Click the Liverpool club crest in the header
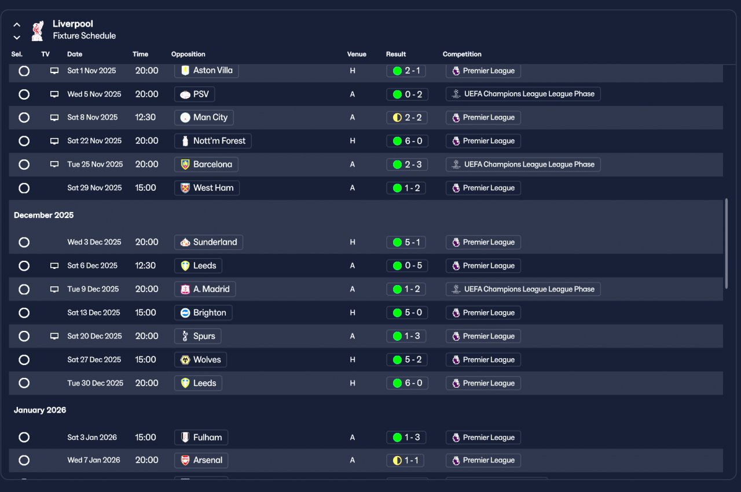[38, 30]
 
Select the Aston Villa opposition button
[207, 71]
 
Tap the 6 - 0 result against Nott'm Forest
[407, 141]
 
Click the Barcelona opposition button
[206, 165]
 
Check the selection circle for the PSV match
[24, 94]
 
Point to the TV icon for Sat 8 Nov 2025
[54, 118]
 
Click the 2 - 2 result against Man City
[407, 118]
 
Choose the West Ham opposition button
[207, 188]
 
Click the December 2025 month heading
[44, 215]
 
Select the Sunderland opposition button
[208, 242]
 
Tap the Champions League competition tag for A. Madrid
[523, 289]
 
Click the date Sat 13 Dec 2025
[94, 313]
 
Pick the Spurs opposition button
[197, 336]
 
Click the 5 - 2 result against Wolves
[407, 360]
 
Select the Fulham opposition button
[201, 438]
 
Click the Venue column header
[357, 54]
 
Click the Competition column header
[462, 54]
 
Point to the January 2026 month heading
[40, 410]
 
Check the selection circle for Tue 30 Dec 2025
[24, 383]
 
